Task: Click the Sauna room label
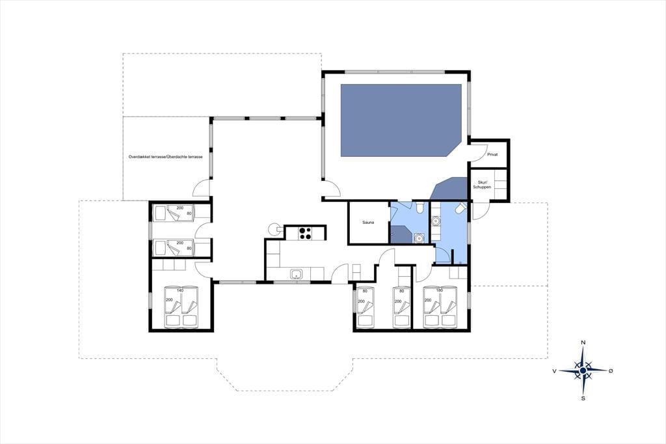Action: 368,223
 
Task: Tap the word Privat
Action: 492,154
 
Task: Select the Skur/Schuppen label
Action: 482,185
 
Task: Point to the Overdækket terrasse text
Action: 147,157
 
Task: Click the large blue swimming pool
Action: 401,120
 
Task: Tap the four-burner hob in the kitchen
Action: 305,234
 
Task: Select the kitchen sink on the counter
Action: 296,274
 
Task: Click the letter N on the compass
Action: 583,342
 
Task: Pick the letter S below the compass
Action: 583,398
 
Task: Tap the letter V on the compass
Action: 554,371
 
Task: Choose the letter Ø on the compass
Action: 611,371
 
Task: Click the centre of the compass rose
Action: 583,371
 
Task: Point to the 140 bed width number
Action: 180,290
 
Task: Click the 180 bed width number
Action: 439,290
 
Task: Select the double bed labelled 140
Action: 181,307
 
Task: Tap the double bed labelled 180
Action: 441,307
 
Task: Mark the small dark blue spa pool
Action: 449,189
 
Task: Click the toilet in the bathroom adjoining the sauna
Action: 420,208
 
